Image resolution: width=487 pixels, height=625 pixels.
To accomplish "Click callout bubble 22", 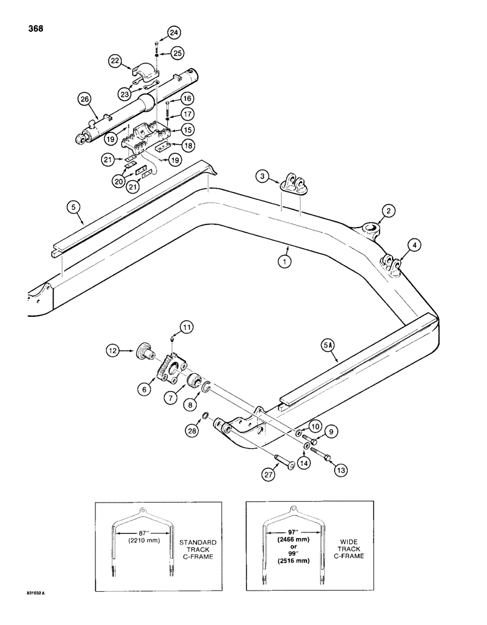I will pos(115,61).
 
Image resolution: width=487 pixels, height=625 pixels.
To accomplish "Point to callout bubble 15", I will pos(187,129).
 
